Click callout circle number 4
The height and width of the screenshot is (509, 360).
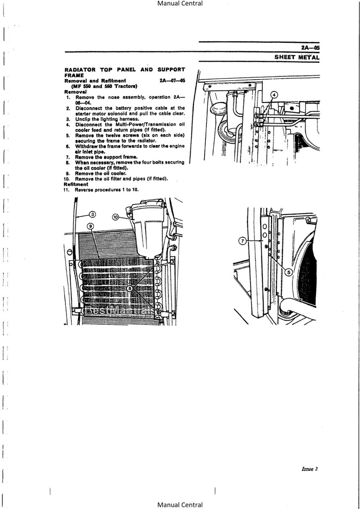pos(274,95)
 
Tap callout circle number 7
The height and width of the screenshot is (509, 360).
pos(243,241)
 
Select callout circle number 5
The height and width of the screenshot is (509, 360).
pos(289,272)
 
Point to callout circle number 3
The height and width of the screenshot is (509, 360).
pos(92,214)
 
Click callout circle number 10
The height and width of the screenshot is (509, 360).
pos(115,217)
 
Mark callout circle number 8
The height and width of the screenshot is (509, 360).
pos(129,288)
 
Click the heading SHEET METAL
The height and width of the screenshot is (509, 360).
pos(297,57)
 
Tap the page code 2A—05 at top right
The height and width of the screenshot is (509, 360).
pos(310,48)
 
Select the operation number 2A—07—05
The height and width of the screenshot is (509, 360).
pos(172,81)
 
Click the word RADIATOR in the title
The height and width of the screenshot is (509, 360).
pos(80,70)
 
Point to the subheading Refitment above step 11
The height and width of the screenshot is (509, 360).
pos(76,184)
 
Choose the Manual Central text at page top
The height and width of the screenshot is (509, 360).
pos(180,3)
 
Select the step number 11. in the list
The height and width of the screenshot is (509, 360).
pos(67,190)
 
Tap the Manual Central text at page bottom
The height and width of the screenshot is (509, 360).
pos(180,505)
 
